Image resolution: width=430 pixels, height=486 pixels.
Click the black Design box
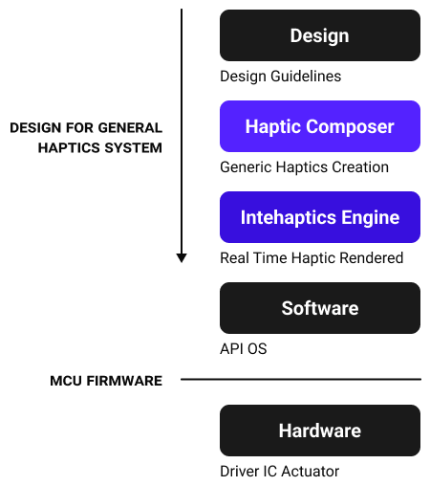(320, 35)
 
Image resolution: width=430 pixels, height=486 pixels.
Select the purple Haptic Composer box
(320, 126)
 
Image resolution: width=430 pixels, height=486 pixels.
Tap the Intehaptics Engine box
(320, 217)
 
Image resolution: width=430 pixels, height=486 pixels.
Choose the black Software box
(320, 308)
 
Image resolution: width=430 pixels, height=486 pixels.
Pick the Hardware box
(320, 431)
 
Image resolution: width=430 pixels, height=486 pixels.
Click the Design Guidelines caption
(281, 77)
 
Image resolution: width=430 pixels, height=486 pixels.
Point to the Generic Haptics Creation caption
(304, 167)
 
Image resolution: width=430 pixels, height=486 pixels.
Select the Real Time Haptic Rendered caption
(312, 258)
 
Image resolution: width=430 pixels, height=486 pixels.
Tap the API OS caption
(244, 349)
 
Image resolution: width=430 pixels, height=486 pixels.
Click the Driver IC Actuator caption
(280, 472)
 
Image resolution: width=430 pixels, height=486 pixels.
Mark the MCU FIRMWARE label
(106, 381)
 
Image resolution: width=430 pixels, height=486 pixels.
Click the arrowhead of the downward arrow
(182, 257)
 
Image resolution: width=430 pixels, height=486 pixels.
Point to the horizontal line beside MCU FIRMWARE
(301, 379)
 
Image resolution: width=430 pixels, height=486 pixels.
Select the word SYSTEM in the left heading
(134, 148)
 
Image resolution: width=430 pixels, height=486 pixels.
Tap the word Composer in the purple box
(350, 127)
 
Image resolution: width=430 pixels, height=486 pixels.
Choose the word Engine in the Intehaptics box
(371, 218)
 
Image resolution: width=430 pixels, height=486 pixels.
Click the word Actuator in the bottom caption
(311, 472)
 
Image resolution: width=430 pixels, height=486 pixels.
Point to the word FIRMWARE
(124, 381)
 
